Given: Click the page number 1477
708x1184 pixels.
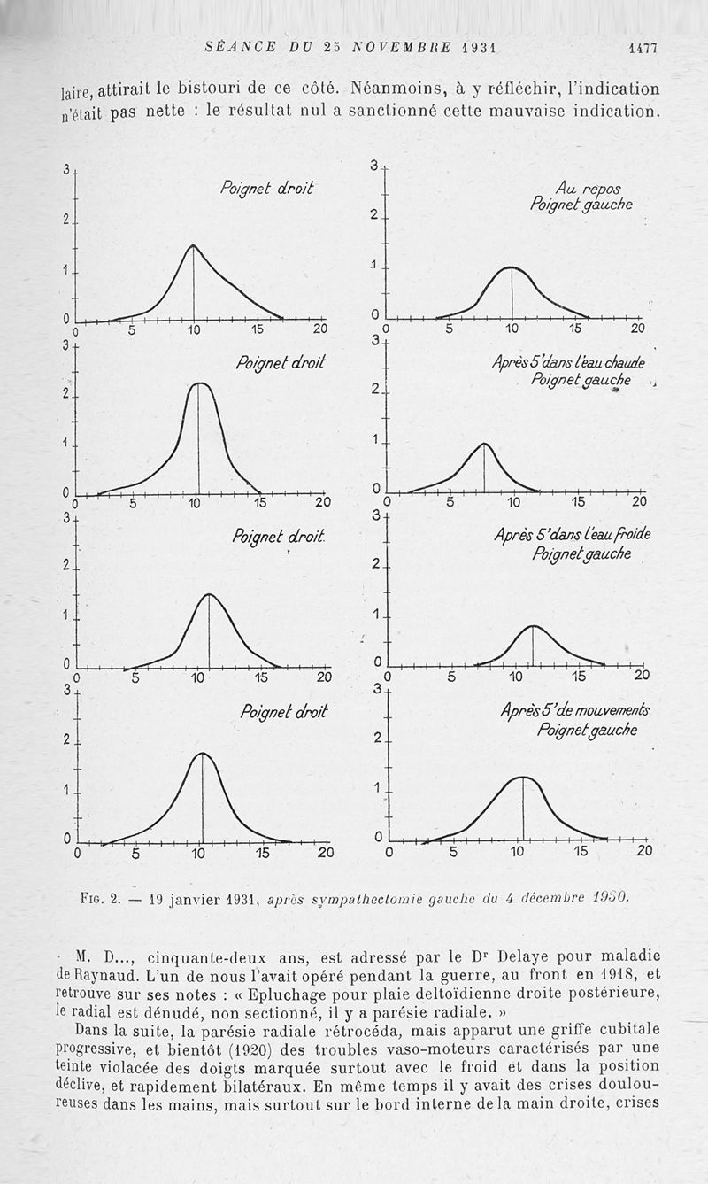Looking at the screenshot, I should pyautogui.click(x=643, y=49).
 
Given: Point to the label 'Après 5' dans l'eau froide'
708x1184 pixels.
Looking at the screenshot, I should pyautogui.click(x=572, y=536).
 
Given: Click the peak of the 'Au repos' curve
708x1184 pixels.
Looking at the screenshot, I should pyautogui.click(x=512, y=267).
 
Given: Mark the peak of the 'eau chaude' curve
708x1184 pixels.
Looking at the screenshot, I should pyautogui.click(x=484, y=444).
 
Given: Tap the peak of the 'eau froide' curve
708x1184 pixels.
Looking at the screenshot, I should pyautogui.click(x=533, y=626).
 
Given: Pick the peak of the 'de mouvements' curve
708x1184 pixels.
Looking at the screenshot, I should pyautogui.click(x=523, y=777).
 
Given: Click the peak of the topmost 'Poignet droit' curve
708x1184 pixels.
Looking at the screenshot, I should pyautogui.click(x=193, y=245).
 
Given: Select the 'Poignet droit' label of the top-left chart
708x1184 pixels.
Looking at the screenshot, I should pyautogui.click(x=266, y=189).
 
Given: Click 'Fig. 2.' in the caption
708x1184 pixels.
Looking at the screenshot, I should pyautogui.click(x=98, y=899).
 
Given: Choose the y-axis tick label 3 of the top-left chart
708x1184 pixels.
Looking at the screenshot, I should pyautogui.click(x=65, y=170).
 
